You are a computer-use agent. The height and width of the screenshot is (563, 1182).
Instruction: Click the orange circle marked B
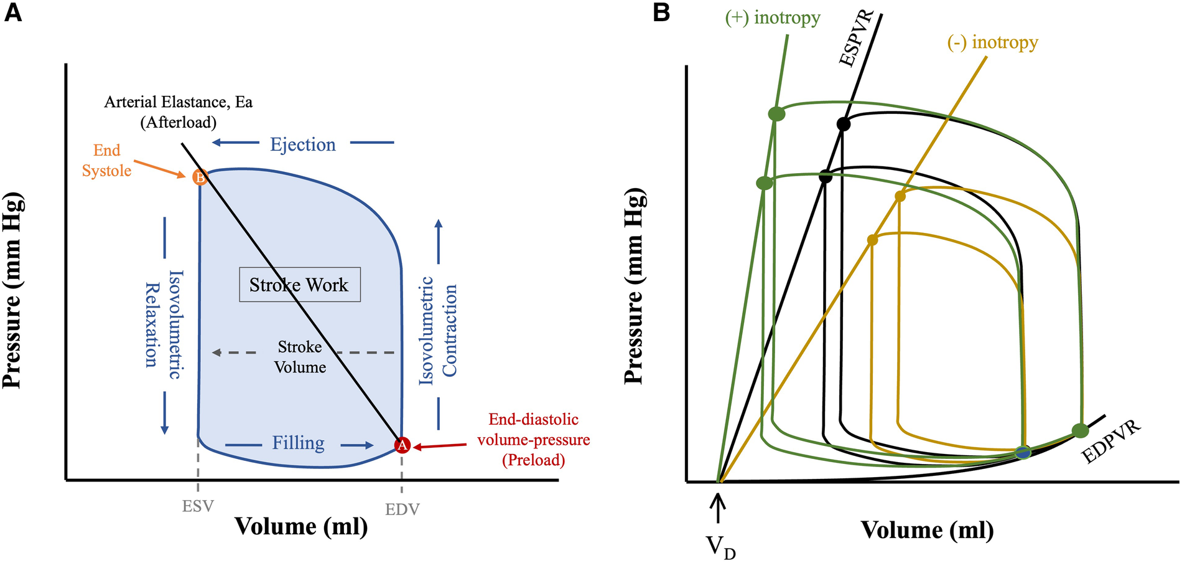tap(200, 177)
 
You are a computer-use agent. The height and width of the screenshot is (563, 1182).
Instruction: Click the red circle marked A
tap(403, 445)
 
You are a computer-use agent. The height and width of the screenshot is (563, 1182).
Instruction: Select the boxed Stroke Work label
tap(299, 285)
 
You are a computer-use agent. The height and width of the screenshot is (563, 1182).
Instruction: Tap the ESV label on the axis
tap(198, 506)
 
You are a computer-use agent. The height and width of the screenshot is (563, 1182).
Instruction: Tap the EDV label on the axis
tap(402, 509)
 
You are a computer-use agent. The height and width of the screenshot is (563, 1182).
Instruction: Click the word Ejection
tap(302, 144)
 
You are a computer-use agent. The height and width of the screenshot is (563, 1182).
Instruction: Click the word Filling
tap(298, 443)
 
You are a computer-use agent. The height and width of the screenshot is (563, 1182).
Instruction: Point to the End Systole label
tap(107, 160)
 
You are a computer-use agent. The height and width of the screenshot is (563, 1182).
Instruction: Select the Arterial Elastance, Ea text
tap(178, 102)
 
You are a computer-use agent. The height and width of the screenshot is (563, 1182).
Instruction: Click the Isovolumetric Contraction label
tap(438, 330)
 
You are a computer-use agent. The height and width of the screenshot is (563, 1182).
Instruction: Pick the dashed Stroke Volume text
tap(300, 357)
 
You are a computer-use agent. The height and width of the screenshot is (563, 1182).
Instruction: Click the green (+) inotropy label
tap(773, 17)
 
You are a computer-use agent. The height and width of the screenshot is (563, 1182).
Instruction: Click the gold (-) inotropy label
tap(992, 42)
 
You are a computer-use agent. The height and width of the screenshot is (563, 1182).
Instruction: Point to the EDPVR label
tap(1112, 442)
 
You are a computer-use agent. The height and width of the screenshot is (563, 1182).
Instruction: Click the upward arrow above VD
tap(719, 508)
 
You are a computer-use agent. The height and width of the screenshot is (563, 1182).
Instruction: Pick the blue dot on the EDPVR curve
tap(1022, 453)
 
